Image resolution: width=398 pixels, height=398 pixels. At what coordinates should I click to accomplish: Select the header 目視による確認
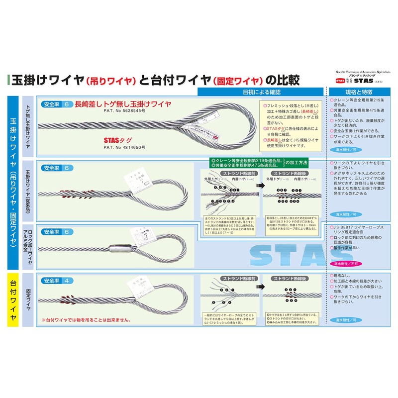[262, 92]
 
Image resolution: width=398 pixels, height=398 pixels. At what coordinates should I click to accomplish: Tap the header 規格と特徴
[359, 92]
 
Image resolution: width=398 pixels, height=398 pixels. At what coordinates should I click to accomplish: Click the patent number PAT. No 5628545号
[124, 112]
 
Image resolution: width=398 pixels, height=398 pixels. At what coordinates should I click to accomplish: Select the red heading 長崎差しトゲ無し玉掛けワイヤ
[123, 104]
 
